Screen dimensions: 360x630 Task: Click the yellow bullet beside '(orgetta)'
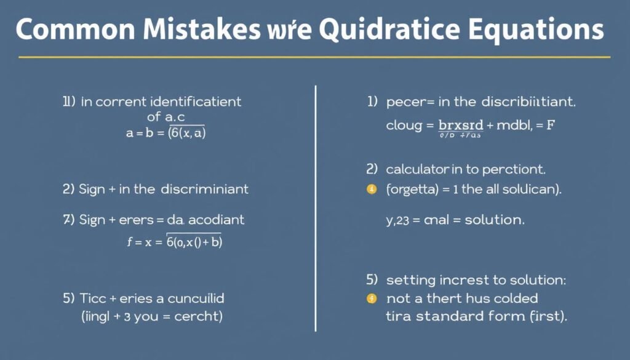(371, 190)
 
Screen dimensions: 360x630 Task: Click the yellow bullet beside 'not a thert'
(371, 299)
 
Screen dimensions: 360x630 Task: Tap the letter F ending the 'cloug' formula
(551, 125)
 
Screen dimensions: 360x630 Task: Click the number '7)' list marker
(68, 220)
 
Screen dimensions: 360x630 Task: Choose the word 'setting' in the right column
(410, 281)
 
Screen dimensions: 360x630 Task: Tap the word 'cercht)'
(198, 318)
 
